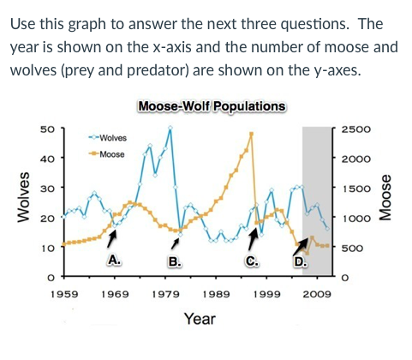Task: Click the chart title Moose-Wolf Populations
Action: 212,106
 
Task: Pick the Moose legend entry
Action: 107,154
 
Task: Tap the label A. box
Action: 113,260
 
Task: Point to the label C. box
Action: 252,261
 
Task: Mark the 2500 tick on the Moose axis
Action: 355,129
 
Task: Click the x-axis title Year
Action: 200,320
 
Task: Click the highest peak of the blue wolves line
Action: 170,128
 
